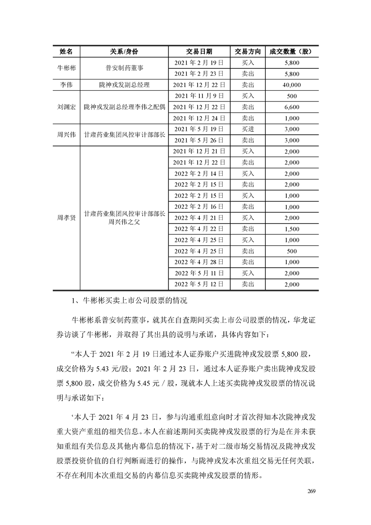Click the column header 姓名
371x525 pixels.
pos(66,51)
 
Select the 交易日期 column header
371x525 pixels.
pos(199,51)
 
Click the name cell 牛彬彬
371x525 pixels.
pos(66,68)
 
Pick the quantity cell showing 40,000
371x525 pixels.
pos(291,85)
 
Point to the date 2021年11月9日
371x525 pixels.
pos(199,96)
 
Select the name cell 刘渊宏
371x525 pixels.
pos(66,107)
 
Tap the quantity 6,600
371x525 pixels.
pos(291,107)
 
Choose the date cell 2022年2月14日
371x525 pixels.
pos(199,174)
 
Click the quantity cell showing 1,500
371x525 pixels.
pos(291,229)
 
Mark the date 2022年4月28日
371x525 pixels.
pos(199,262)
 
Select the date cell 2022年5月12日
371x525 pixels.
pos(199,284)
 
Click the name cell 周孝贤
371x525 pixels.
pos(66,218)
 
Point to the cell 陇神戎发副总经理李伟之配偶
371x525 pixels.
pos(124,107)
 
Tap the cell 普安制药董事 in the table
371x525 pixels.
pos(124,68)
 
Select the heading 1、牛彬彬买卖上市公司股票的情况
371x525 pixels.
pos(131,299)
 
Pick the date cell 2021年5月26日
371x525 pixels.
pos(199,140)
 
